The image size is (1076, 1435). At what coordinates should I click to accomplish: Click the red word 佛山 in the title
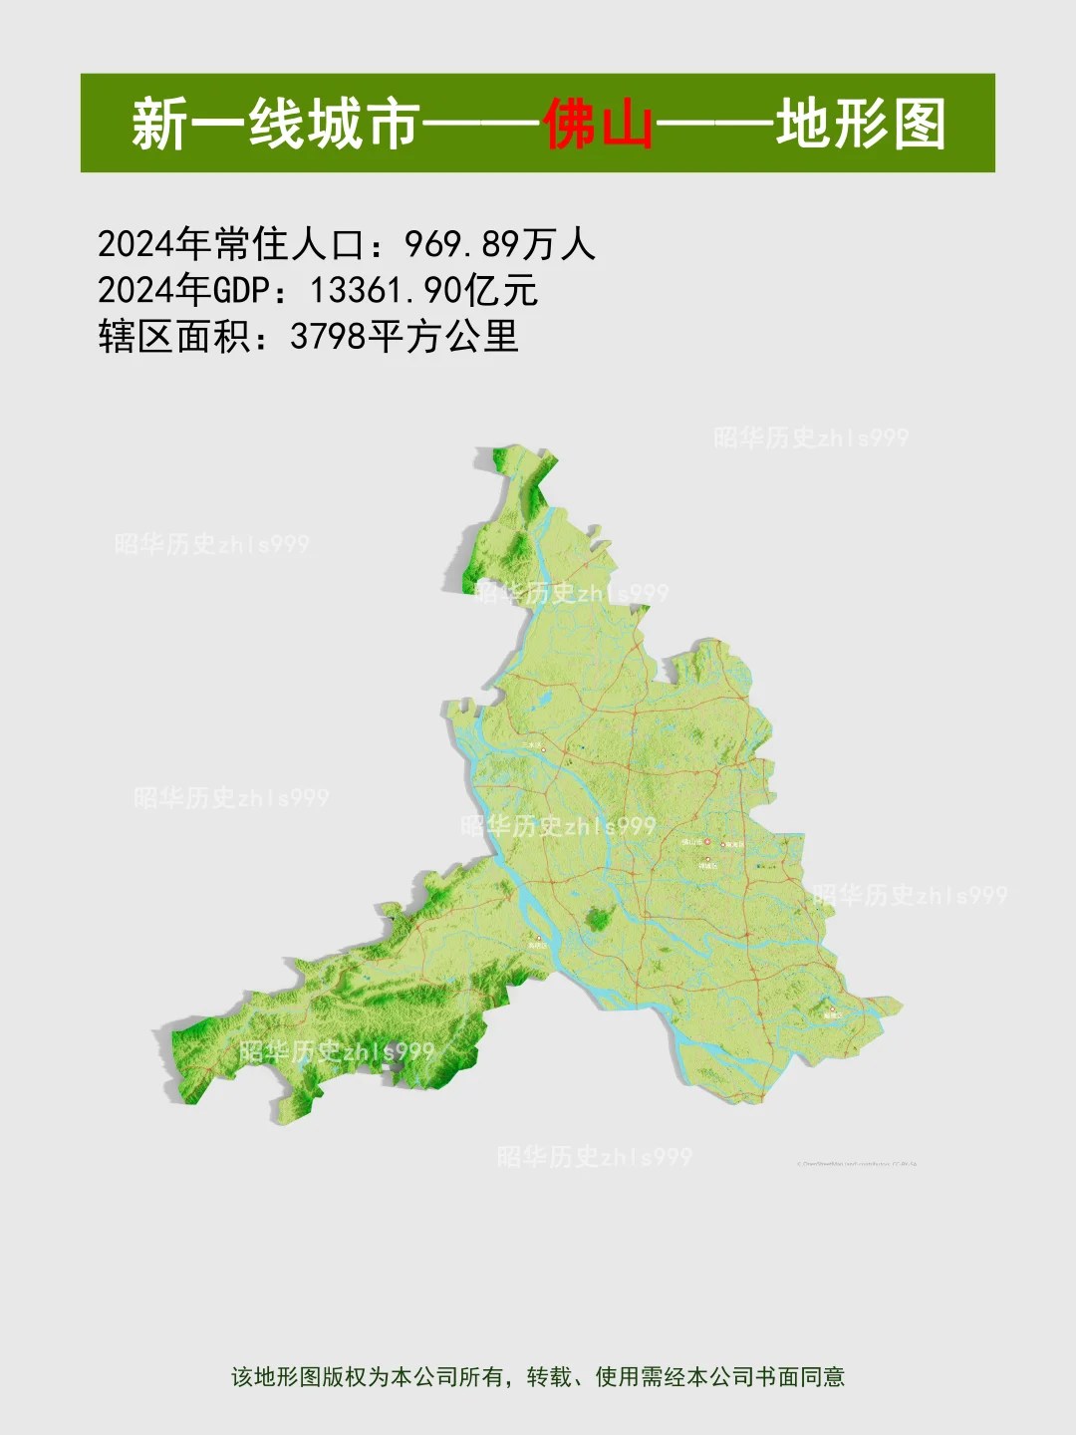tap(598, 125)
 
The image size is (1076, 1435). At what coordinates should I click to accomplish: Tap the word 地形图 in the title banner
tap(861, 125)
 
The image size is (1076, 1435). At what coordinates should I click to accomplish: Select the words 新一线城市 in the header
tap(274, 125)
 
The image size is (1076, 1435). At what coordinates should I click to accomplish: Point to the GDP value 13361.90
tap(386, 291)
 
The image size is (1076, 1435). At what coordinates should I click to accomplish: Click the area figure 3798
tap(329, 337)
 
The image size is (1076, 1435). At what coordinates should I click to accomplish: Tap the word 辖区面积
tap(173, 337)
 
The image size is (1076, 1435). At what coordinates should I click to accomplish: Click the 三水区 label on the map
tap(533, 745)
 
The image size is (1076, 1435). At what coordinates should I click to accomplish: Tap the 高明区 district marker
tap(538, 941)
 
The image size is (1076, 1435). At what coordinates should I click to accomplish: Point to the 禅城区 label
tap(708, 863)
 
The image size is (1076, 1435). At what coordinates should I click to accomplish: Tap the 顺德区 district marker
tap(832, 1012)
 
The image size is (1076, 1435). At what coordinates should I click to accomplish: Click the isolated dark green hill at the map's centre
tap(599, 917)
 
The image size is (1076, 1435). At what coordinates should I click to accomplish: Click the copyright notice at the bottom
tap(538, 1377)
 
